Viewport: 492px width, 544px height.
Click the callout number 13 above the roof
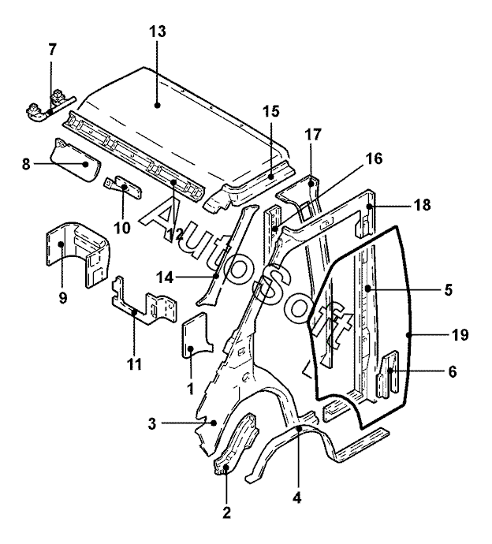pos(158,32)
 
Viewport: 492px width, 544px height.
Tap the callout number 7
pos(52,50)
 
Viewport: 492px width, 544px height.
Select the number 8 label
pos(26,164)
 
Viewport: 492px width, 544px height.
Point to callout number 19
pos(460,335)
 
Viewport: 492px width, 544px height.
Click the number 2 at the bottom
pos(226,512)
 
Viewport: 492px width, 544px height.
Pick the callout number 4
pos(297,498)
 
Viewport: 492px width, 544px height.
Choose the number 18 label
pos(423,205)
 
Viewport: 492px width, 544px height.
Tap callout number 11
pos(134,364)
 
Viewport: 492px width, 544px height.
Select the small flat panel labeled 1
pos(196,335)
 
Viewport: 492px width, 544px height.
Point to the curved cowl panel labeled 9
pos(78,253)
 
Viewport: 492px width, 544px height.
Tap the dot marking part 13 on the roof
pos(158,105)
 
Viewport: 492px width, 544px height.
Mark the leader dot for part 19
pos(408,335)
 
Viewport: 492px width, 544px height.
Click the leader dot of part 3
pos(214,423)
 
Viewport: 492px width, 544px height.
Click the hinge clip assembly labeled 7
pos(50,106)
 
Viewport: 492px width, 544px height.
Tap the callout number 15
pos(271,112)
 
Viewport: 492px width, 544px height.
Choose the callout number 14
pos(165,278)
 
